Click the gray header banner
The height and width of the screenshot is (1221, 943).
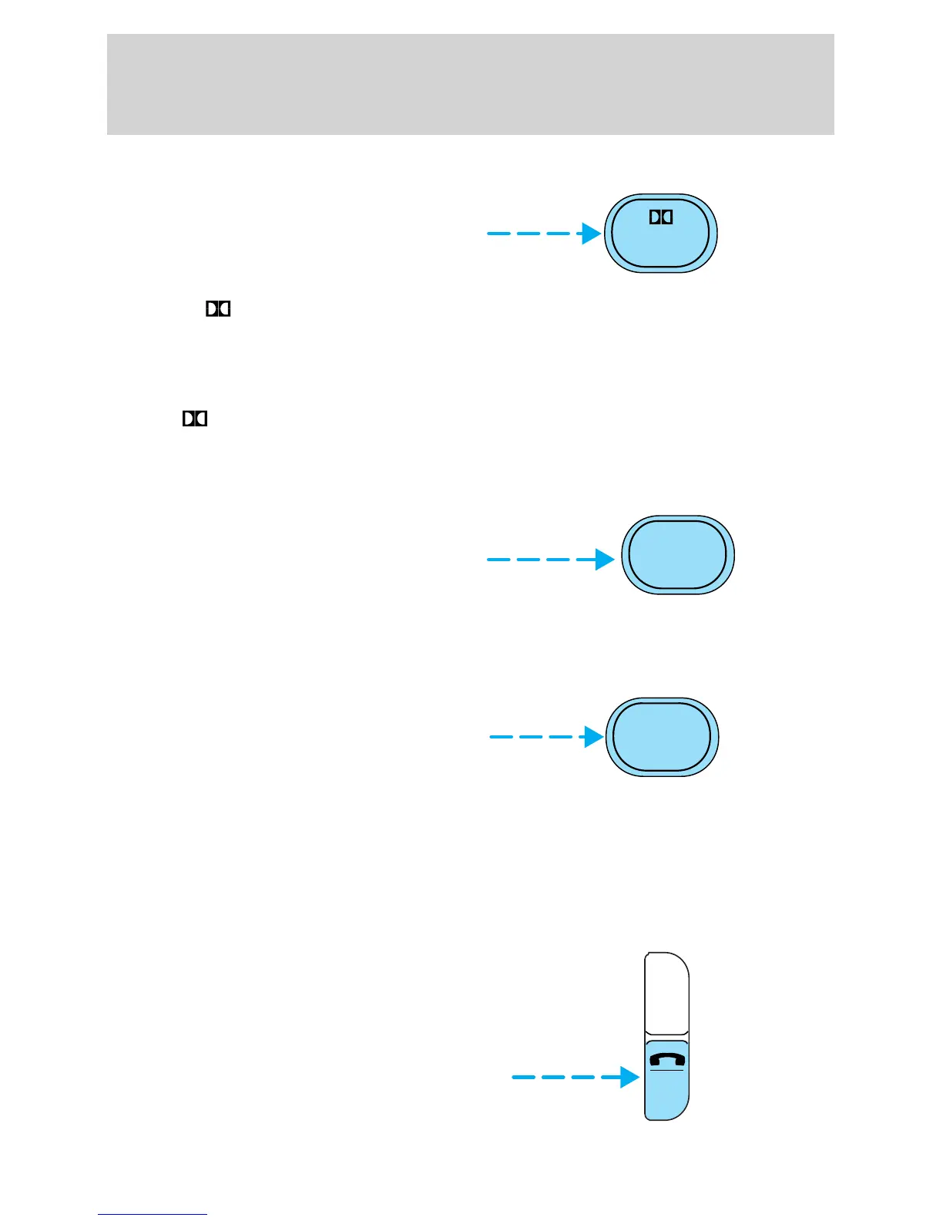point(470,84)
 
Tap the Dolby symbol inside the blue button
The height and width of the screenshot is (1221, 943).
point(661,217)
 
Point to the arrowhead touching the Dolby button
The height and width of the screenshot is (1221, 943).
point(592,234)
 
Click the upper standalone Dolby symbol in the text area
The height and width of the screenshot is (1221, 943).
point(218,309)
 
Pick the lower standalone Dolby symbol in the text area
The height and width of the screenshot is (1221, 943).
point(195,419)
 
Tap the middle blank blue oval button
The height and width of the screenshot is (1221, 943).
point(678,555)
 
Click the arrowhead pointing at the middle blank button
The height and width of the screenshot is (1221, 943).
point(606,560)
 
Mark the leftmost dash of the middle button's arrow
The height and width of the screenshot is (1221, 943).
point(498,560)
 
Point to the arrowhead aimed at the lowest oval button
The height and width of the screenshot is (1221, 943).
point(594,737)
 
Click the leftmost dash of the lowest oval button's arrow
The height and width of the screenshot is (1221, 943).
point(500,737)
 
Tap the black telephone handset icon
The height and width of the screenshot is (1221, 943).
point(667,1059)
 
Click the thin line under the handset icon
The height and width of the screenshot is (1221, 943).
point(667,1070)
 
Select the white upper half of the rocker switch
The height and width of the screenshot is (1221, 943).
point(666,994)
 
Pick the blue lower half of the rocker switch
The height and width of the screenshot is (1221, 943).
point(666,1095)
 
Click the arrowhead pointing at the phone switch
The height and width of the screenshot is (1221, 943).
point(631,1077)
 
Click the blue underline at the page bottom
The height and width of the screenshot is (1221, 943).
point(153,1215)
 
